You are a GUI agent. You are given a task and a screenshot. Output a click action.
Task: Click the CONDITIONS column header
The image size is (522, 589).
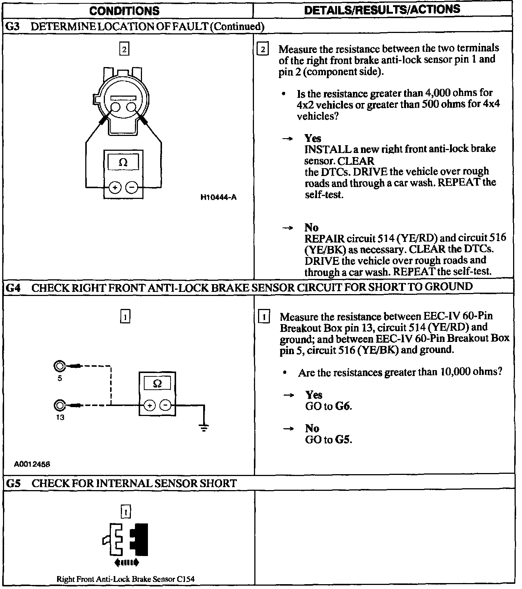[x=124, y=11]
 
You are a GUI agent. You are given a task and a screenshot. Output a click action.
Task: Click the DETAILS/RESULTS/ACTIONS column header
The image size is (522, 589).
[x=382, y=10]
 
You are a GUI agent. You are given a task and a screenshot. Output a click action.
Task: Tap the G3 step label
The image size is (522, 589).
[x=13, y=26]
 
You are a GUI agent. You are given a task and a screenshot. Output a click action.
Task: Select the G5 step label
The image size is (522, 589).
[x=13, y=483]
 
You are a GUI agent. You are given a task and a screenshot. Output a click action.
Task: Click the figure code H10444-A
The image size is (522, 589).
[x=218, y=197]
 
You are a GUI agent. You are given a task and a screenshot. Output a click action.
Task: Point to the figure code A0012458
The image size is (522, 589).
[x=32, y=464]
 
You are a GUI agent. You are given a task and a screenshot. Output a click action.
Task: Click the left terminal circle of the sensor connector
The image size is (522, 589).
[x=115, y=107]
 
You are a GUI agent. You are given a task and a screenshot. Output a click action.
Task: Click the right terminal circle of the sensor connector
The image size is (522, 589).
[x=131, y=107]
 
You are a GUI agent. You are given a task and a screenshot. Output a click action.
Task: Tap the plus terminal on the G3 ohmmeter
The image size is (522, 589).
[x=115, y=188]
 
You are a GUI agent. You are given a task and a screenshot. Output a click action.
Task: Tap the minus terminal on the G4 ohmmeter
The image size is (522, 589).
[x=165, y=406]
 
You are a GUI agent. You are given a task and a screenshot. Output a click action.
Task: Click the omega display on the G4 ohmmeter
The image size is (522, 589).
[x=158, y=384]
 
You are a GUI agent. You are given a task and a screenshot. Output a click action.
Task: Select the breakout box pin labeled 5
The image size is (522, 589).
[x=59, y=367]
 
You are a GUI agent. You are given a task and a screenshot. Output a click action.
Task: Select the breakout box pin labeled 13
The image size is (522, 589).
[x=59, y=406]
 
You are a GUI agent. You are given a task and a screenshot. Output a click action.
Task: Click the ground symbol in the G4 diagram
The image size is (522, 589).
[x=204, y=428]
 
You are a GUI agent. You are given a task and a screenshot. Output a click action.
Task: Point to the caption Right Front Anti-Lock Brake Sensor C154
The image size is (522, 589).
[x=125, y=579]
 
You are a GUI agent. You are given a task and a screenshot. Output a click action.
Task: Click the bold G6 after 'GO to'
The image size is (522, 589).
[x=343, y=406]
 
